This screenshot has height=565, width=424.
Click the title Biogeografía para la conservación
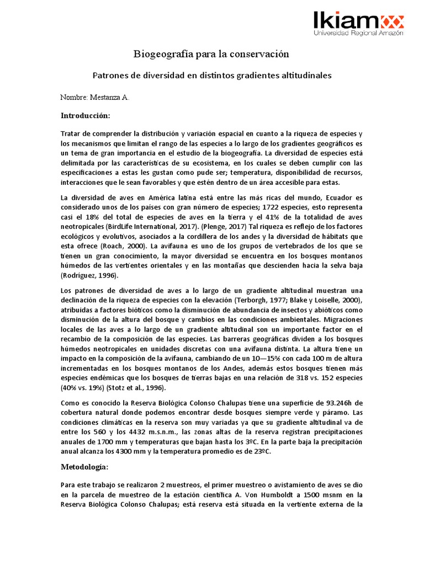[x=211, y=54]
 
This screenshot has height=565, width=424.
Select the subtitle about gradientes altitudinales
[x=211, y=75]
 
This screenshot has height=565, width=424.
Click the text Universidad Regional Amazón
[x=358, y=33]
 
